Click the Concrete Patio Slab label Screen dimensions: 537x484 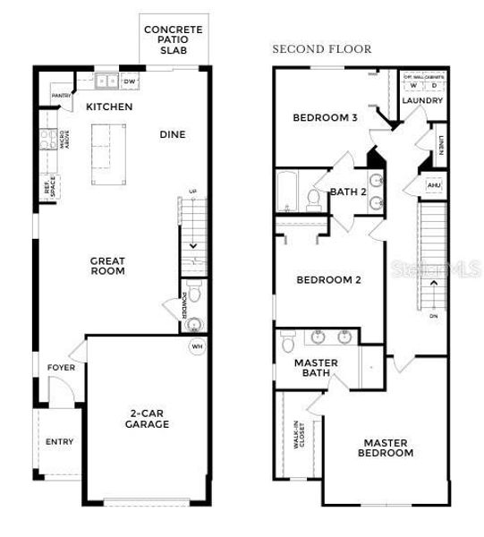point(174,39)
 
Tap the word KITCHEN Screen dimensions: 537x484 point(109,107)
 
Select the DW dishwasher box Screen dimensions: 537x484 point(130,81)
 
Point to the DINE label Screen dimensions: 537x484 point(172,135)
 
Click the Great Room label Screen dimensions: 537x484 point(107,266)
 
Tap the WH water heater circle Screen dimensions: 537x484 point(196,346)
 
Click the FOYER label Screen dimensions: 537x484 point(62,368)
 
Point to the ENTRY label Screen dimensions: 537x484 point(59,441)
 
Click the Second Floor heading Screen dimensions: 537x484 point(322,49)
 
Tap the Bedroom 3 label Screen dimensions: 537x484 point(326,118)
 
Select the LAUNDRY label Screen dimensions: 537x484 point(422,101)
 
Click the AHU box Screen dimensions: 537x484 point(434,185)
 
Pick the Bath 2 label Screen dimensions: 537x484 point(348,192)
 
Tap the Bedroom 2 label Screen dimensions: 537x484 point(328,280)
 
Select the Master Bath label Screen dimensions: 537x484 point(316,368)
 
